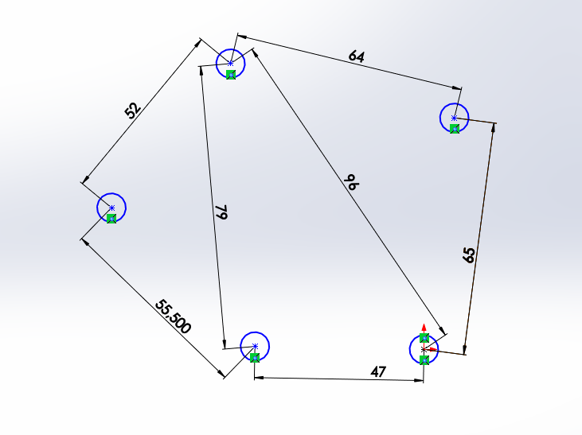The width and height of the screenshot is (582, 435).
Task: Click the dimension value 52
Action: click(133, 110)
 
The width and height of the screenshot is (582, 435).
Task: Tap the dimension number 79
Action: click(221, 212)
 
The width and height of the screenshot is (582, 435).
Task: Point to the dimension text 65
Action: click(469, 255)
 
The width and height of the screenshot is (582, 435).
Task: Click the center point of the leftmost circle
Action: click(111, 208)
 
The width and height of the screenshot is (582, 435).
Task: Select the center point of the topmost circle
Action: click(231, 63)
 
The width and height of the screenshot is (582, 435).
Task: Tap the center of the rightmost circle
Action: click(454, 118)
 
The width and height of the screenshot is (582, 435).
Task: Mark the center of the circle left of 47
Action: click(255, 345)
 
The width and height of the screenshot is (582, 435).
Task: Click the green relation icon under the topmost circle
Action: click(230, 75)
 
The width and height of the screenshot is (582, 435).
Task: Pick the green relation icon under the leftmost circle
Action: click(111, 219)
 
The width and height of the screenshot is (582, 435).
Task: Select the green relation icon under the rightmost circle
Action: click(455, 129)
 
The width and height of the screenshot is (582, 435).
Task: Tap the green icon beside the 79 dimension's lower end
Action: click(255, 358)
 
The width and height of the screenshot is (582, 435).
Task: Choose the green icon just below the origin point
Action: click(424, 360)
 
